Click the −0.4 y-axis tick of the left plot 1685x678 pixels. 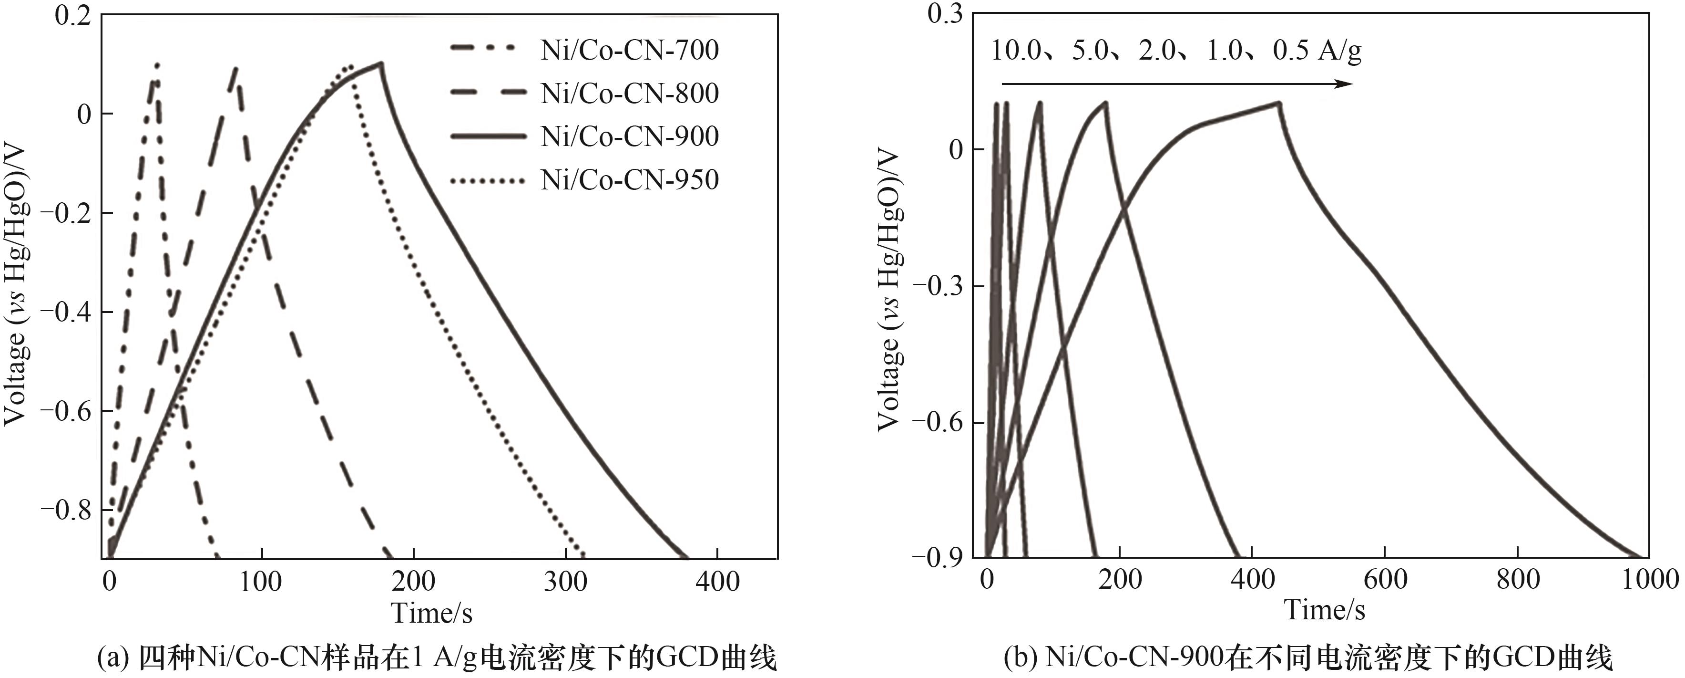(65, 312)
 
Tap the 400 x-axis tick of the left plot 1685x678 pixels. (717, 582)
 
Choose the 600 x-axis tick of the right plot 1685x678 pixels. (1385, 580)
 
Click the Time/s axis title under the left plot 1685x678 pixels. (432, 613)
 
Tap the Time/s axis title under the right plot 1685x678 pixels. (1325, 610)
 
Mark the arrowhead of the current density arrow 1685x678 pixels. (1345, 84)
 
